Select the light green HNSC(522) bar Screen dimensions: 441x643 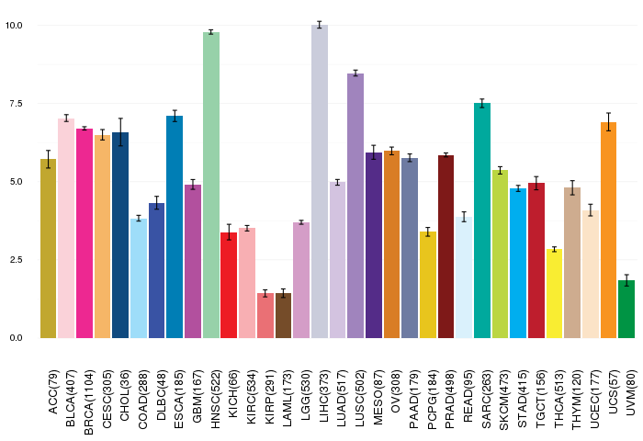(x=211, y=185)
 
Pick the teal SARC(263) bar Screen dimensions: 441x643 (x=482, y=220)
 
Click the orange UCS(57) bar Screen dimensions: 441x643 (x=608, y=230)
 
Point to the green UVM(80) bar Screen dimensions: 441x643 (x=626, y=309)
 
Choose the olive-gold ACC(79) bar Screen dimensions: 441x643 (x=48, y=248)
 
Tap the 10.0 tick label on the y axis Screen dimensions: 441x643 (x=15, y=25)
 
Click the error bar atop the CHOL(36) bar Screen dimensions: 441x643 (x=120, y=132)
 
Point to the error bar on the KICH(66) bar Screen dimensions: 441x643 (x=229, y=232)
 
